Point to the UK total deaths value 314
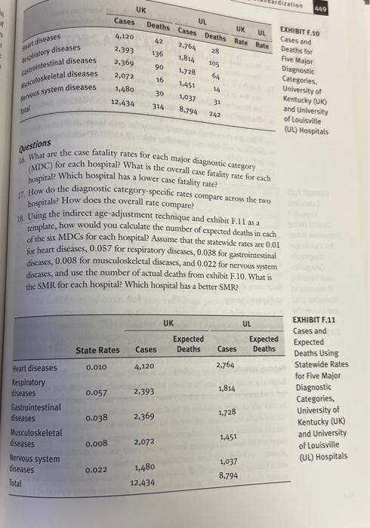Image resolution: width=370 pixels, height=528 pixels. click(x=159, y=107)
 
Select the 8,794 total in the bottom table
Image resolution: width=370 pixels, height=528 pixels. click(x=228, y=476)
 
